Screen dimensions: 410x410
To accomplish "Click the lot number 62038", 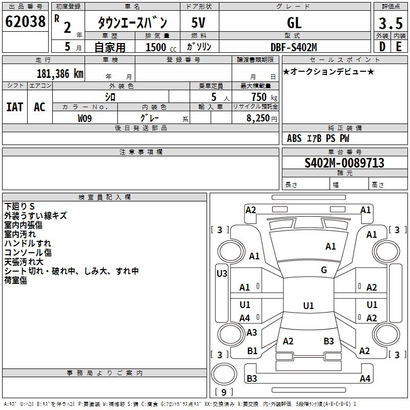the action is [x=25, y=22].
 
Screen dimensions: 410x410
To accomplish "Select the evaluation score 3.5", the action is [x=391, y=23].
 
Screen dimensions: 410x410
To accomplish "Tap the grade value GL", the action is [x=294, y=23].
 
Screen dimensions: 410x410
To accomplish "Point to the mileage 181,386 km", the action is [x=60, y=74].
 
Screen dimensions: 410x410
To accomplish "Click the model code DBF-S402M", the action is [x=294, y=47].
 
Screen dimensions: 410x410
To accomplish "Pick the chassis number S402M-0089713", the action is [x=344, y=162].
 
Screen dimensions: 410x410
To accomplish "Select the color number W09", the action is [x=85, y=118].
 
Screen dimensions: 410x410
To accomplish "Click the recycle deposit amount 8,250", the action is [x=258, y=118].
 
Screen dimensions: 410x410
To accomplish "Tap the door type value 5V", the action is [x=198, y=23].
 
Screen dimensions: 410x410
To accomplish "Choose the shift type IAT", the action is [x=15, y=107].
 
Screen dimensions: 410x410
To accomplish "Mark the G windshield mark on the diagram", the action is [x=324, y=270].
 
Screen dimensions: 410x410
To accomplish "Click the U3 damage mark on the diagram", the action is [x=222, y=274].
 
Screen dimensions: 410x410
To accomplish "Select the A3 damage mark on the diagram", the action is [x=252, y=332].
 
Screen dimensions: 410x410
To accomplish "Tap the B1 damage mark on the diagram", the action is [x=252, y=351].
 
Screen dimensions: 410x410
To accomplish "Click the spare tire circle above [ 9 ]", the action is [x=224, y=374].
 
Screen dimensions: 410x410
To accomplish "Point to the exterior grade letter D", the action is [x=382, y=47].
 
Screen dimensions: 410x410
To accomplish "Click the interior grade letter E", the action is [x=399, y=47].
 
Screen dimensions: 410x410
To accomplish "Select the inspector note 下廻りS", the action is [x=19, y=207].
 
